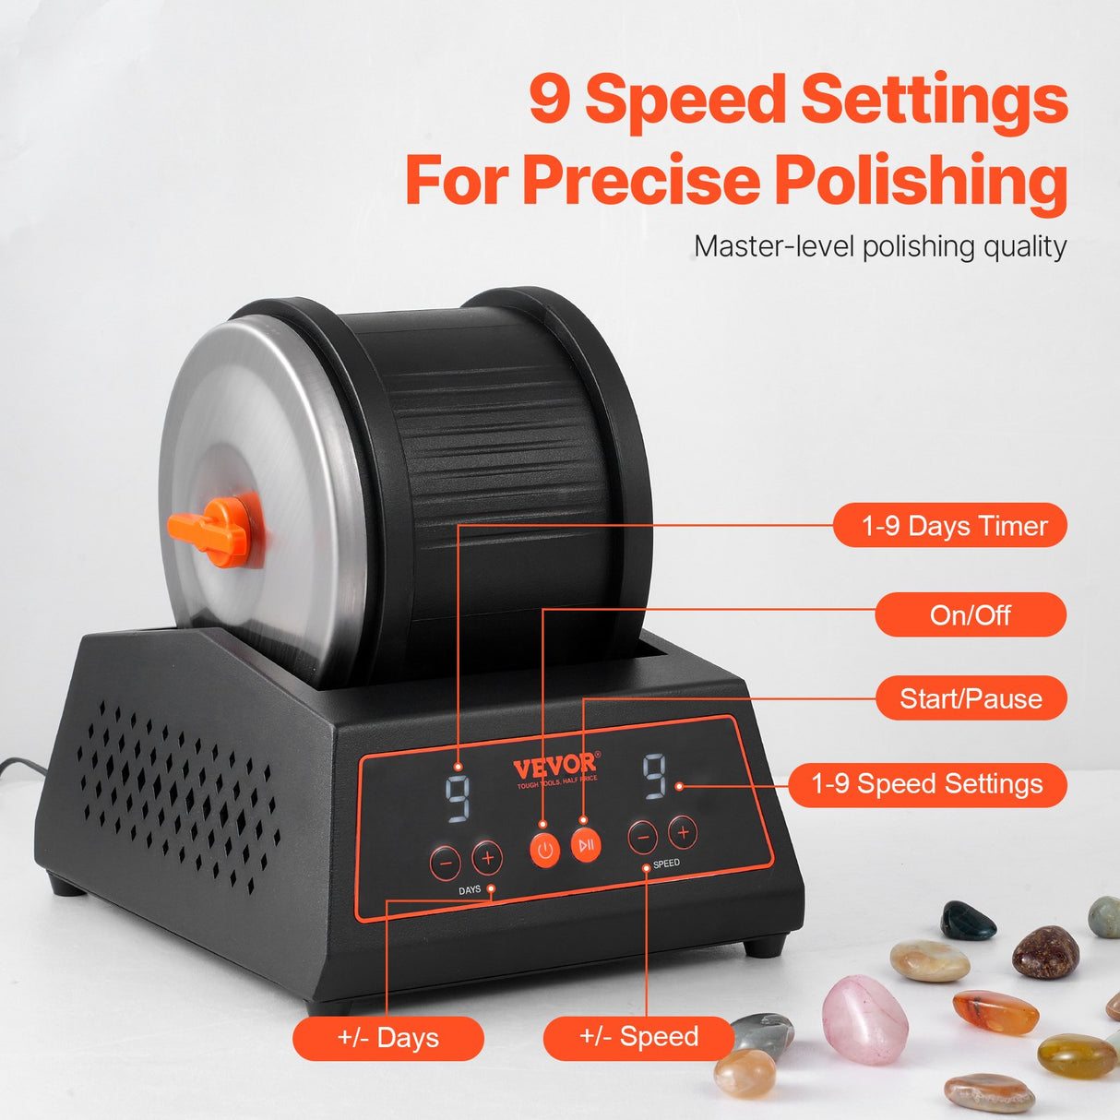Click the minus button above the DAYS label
(x=445, y=862)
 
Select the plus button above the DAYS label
(x=487, y=858)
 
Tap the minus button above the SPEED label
(x=643, y=837)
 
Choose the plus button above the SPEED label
(x=683, y=832)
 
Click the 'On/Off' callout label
(x=971, y=614)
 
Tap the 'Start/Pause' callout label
(x=971, y=698)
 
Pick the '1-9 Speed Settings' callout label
(x=927, y=784)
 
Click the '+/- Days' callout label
(x=388, y=1038)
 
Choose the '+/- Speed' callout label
(x=638, y=1037)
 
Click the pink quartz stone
(x=864, y=1019)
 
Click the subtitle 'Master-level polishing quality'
(x=880, y=246)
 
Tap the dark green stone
(x=968, y=921)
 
